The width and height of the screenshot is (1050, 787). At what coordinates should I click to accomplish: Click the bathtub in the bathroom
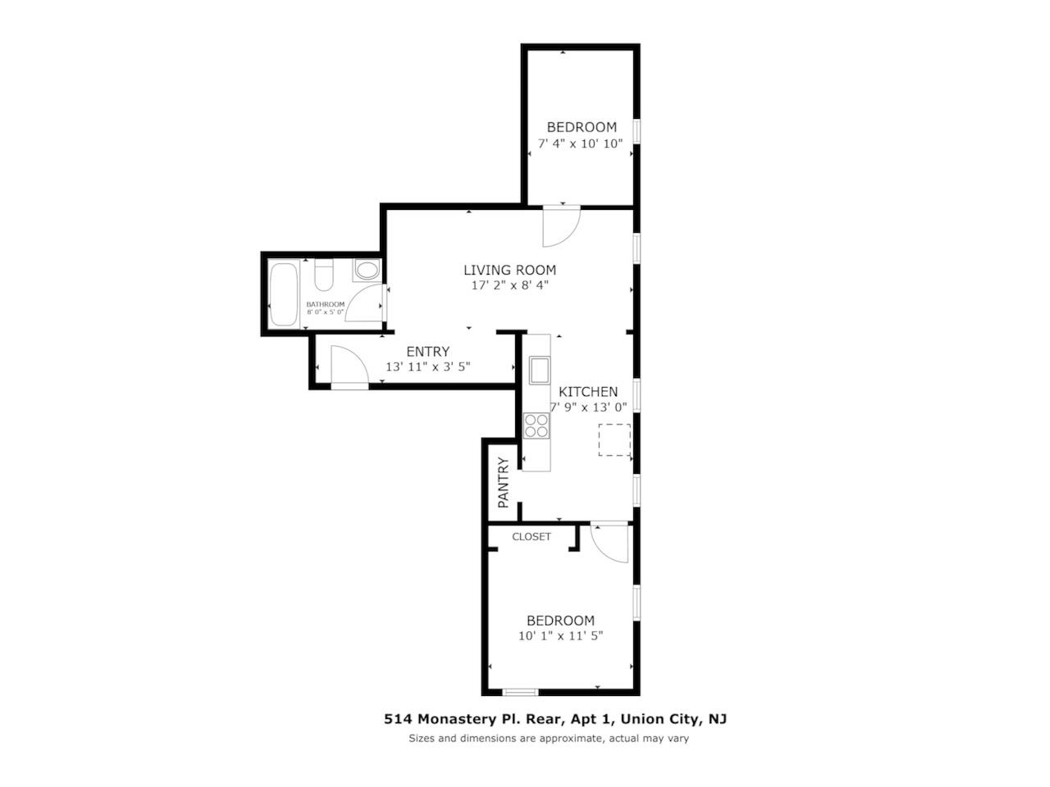(285, 293)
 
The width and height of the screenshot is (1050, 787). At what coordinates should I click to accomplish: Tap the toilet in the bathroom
(324, 276)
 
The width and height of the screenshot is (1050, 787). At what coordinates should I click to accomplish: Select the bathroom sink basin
(367, 270)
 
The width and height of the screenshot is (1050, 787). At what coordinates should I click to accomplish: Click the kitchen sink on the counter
(539, 371)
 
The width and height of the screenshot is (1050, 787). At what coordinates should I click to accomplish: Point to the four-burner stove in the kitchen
(536, 425)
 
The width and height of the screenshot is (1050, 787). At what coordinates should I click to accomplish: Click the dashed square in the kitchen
(614, 439)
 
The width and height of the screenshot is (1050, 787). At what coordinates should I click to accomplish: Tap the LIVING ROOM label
(509, 270)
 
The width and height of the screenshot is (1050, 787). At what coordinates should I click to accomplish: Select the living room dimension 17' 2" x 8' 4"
(509, 285)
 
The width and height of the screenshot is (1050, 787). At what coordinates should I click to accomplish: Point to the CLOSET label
(532, 537)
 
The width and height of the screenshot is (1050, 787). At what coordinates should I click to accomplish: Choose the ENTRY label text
(427, 352)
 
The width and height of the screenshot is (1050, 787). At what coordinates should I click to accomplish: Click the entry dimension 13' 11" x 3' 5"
(427, 366)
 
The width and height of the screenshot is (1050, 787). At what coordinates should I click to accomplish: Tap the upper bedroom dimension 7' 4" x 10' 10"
(580, 143)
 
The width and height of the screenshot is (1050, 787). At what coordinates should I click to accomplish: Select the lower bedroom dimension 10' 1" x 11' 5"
(560, 635)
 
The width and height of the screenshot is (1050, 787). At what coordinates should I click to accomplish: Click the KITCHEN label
(588, 392)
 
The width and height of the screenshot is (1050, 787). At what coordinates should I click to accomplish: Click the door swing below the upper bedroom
(562, 225)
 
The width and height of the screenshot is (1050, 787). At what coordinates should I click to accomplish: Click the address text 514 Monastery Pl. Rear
(472, 719)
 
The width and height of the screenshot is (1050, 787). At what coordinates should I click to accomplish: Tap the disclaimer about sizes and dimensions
(549, 739)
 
